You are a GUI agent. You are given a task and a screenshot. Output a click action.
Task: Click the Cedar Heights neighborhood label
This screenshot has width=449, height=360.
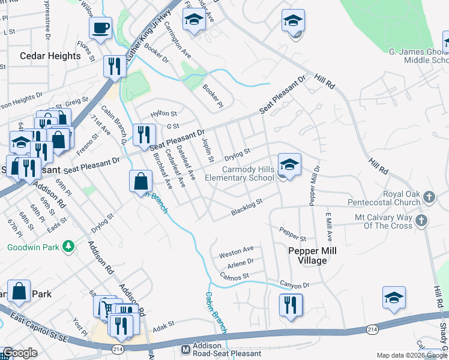pyautogui.click(x=50, y=56)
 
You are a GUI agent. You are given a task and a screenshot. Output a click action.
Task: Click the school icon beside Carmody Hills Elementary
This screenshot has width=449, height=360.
pyautogui.click(x=289, y=164)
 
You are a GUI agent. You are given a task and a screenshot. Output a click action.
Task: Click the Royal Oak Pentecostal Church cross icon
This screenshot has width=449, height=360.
pyautogui.click(x=429, y=197)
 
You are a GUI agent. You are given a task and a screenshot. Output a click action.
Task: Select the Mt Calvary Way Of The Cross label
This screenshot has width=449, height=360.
pyautogui.click(x=384, y=221)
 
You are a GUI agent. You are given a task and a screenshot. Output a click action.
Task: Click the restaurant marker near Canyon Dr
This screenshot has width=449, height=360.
pyautogui.click(x=291, y=304)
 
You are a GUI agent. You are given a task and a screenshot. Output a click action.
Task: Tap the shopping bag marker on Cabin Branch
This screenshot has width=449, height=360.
pyautogui.click(x=140, y=181)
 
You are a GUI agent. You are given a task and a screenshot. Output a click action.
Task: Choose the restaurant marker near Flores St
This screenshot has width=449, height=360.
pyautogui.click(x=113, y=66)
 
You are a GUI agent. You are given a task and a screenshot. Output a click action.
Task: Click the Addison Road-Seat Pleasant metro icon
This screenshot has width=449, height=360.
pyautogui.click(x=185, y=349)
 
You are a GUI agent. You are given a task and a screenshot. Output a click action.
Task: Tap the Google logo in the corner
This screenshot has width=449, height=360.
pyautogui.click(x=20, y=353)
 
